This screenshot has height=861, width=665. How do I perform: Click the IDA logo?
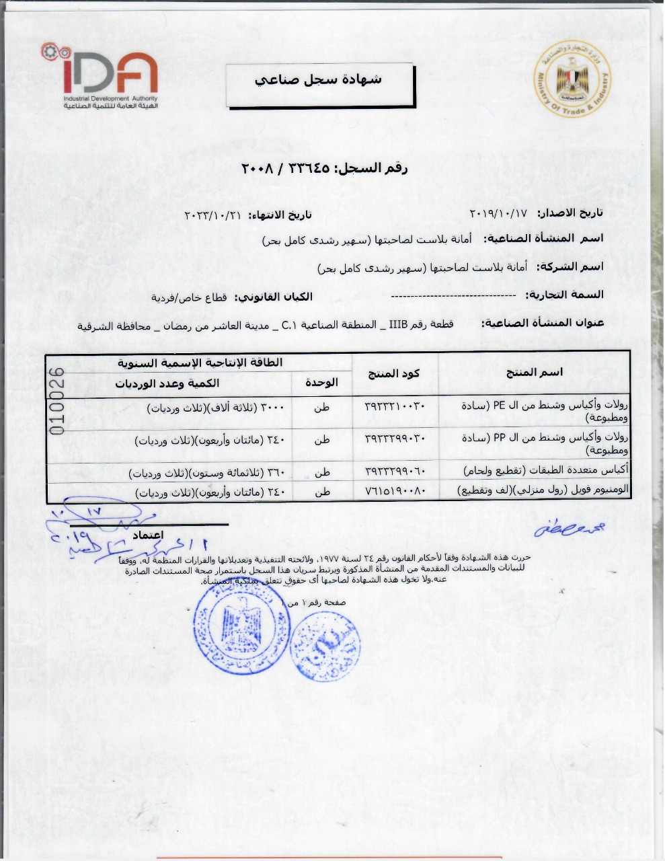(x=101, y=77)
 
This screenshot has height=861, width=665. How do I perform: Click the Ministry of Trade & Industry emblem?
(x=574, y=83)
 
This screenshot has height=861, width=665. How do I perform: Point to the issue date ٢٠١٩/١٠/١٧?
(x=498, y=213)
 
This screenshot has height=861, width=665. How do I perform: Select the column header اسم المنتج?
(x=535, y=372)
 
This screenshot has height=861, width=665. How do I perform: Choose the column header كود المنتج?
(x=395, y=373)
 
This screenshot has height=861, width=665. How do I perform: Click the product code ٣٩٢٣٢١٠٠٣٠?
(x=395, y=407)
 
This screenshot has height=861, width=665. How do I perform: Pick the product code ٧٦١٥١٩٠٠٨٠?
(x=395, y=492)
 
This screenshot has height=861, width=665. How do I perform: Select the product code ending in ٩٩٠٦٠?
(x=395, y=472)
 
